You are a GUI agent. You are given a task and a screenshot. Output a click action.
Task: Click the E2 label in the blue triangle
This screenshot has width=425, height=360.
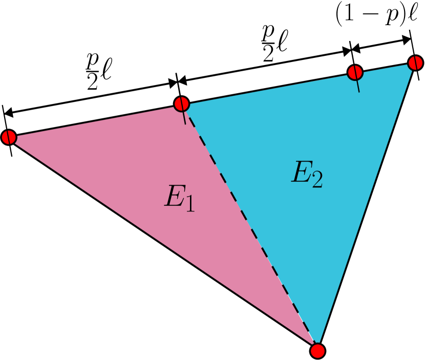pos(307,174)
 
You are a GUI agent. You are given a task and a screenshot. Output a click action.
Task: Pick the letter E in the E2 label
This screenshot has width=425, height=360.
pos(301,173)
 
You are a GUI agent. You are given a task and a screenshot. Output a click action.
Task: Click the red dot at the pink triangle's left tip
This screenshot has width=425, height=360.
pos(9,137)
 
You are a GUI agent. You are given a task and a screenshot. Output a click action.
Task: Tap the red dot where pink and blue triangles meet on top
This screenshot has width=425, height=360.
pos(181,104)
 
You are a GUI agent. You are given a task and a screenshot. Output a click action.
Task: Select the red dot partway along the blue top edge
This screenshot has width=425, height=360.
pos(355,72)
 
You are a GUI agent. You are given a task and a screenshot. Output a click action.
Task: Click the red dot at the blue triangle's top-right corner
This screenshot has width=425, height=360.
pos(415,63)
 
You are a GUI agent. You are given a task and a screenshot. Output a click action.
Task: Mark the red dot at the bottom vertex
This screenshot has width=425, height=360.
pos(317,351)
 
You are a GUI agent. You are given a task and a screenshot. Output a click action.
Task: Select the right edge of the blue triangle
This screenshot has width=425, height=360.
pos(366,205)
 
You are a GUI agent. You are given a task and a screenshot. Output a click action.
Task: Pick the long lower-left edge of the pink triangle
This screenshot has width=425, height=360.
pos(159,241)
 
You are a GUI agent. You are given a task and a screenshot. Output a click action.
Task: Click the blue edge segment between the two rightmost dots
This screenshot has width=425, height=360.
pos(385,68)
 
